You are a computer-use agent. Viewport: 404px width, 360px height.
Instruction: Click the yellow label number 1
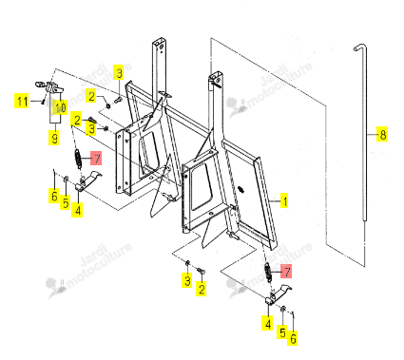tap(284, 201)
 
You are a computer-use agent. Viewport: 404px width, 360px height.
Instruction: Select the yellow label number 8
tap(383, 135)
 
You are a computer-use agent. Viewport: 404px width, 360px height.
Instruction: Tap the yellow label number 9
tap(54, 138)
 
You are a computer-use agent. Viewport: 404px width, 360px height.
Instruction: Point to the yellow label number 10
tap(60, 107)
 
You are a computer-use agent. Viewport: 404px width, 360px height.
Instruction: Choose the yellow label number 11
tap(21, 102)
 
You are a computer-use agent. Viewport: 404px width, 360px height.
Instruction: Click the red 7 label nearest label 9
tap(96, 158)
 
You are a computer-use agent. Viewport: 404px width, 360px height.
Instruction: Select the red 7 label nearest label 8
tap(286, 272)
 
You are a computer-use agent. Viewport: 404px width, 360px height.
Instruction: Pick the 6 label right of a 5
tap(293, 338)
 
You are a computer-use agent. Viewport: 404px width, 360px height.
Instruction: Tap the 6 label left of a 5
tap(54, 196)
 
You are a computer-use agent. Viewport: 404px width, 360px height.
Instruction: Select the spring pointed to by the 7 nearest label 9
tap(78, 158)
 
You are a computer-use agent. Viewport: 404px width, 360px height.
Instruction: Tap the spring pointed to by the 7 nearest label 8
tap(268, 273)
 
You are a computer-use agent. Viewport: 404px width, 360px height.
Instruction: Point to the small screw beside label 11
tap(43, 102)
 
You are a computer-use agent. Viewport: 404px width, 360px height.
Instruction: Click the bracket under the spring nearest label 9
tap(87, 181)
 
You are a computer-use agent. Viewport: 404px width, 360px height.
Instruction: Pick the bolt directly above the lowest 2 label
tap(201, 271)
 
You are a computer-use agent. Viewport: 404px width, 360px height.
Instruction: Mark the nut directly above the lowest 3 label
tap(187, 263)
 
